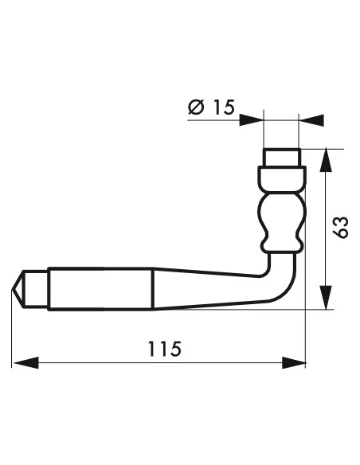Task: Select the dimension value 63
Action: (x=341, y=227)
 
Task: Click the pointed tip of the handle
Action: (x=16, y=287)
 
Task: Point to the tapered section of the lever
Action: (x=199, y=287)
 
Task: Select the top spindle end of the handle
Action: (x=281, y=156)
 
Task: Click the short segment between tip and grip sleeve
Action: (x=36, y=287)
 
